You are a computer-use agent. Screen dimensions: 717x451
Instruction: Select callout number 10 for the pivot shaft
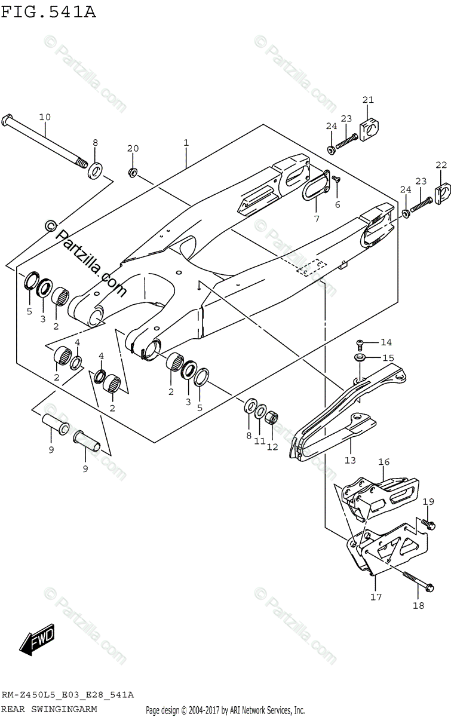click(45, 117)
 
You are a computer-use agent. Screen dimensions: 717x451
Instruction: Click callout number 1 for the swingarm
click(186, 143)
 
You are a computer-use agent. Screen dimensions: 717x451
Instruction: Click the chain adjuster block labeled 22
click(443, 192)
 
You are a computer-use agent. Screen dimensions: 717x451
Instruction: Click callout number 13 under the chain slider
click(349, 460)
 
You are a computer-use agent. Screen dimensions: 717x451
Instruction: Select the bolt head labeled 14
click(360, 342)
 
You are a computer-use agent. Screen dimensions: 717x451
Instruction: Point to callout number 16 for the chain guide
click(383, 462)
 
